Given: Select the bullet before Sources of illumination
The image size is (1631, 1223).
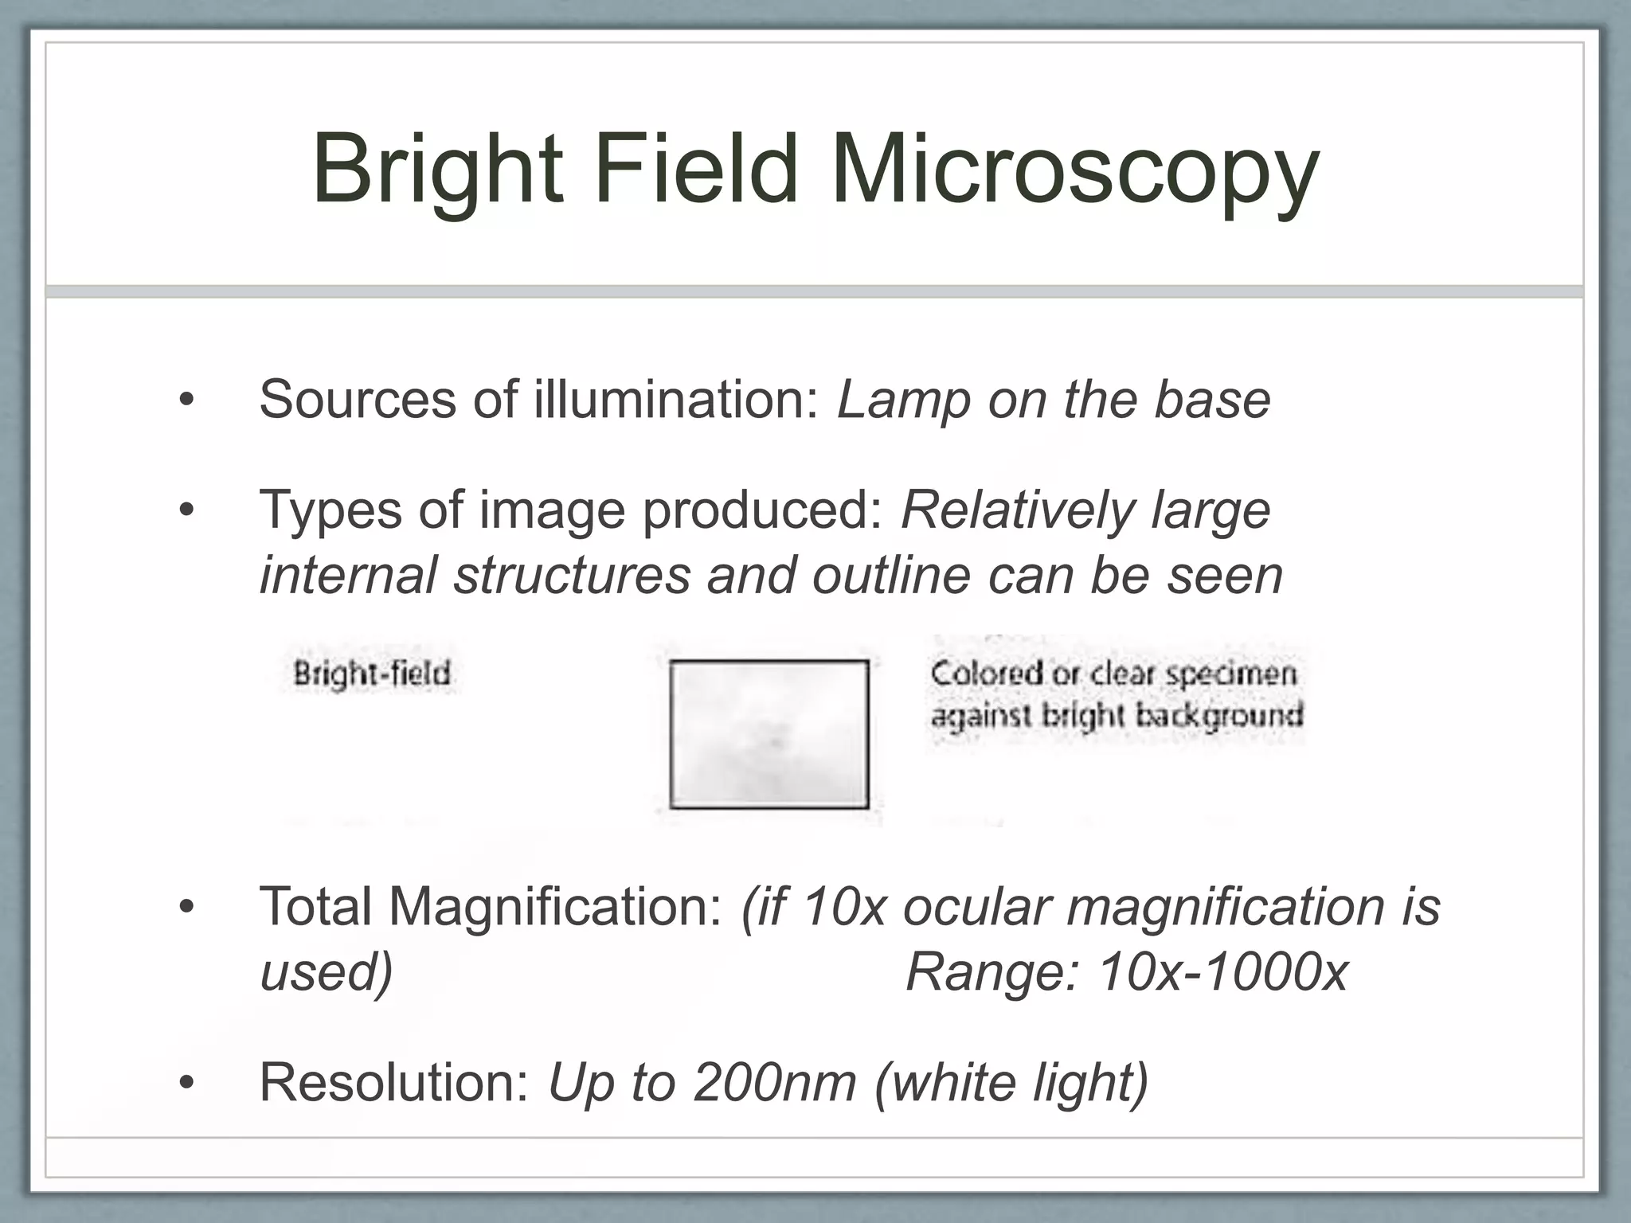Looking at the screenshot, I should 186,401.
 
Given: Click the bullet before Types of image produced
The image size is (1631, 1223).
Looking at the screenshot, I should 186,510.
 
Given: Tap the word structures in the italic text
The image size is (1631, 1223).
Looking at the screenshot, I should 572,575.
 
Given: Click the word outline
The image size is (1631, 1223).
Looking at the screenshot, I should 891,575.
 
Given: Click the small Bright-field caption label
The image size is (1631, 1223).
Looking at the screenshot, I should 372,674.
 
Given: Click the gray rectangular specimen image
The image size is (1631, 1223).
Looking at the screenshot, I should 769,734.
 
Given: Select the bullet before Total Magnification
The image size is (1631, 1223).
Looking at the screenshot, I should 186,908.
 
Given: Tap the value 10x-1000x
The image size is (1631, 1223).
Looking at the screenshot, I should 1222,972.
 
